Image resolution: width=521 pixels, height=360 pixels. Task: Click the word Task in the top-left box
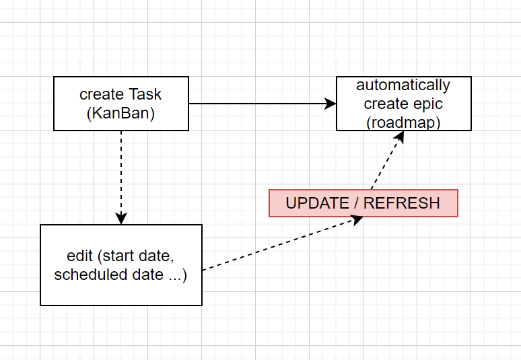click(145, 94)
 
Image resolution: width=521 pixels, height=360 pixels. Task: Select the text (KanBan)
click(120, 113)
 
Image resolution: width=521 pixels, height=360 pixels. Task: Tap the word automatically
click(403, 85)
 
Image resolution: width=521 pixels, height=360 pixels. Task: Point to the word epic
click(428, 104)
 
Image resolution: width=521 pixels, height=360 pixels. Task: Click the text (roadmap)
click(403, 122)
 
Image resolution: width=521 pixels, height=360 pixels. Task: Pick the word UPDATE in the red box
click(317, 203)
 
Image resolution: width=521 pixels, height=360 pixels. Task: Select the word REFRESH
click(402, 203)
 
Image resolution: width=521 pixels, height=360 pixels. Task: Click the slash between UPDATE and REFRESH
click(356, 203)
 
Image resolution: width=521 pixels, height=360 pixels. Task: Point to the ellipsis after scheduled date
click(175, 279)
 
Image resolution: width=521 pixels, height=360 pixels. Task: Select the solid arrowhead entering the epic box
click(331, 104)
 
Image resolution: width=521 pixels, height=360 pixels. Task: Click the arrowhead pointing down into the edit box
click(121, 219)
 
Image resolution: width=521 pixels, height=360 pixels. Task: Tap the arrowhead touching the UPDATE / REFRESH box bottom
click(357, 220)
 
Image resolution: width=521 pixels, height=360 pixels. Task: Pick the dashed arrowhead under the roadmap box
click(399, 137)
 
